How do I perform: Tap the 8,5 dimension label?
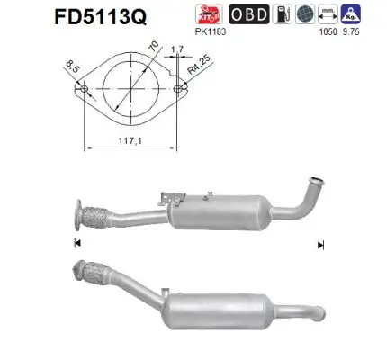click(x=73, y=64)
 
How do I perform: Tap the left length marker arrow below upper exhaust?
click(x=76, y=243)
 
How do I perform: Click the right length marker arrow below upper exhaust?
click(x=320, y=243)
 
